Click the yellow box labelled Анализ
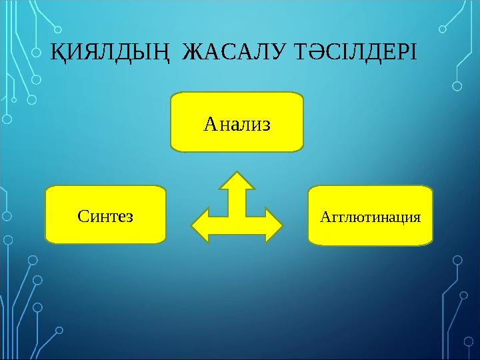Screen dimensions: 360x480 (237, 122)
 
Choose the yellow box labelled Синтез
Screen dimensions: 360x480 (105, 215)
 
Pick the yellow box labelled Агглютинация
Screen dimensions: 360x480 (371, 215)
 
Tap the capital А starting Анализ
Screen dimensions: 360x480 (209, 123)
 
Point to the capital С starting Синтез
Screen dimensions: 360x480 (83, 216)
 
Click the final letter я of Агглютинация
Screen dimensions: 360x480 (417, 217)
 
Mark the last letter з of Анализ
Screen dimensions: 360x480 (266, 124)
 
